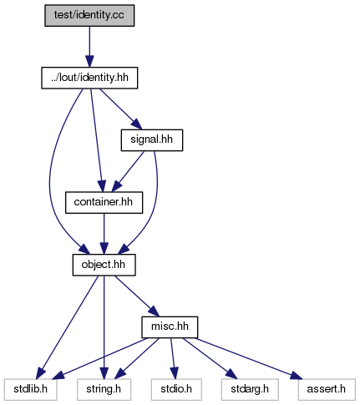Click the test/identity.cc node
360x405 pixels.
89,16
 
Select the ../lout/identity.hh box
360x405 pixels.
89,78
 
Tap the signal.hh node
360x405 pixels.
152,140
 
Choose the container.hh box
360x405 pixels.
104,203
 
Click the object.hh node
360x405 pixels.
104,265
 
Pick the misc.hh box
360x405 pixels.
170,327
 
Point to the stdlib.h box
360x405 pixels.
31,389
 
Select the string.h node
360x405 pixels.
104,389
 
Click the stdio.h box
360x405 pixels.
176,389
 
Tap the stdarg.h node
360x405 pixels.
250,389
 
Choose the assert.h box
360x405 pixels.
327,389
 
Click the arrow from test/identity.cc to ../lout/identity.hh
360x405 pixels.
89,47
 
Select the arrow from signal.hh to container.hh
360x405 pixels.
128,171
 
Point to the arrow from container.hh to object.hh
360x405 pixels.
104,234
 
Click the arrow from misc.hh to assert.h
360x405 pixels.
249,358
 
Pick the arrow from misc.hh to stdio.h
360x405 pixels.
173,358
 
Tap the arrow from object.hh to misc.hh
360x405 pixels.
136,296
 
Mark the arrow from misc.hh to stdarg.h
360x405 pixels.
210,358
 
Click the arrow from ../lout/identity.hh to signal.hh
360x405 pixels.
120,109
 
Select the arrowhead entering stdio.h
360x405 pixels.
174,373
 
